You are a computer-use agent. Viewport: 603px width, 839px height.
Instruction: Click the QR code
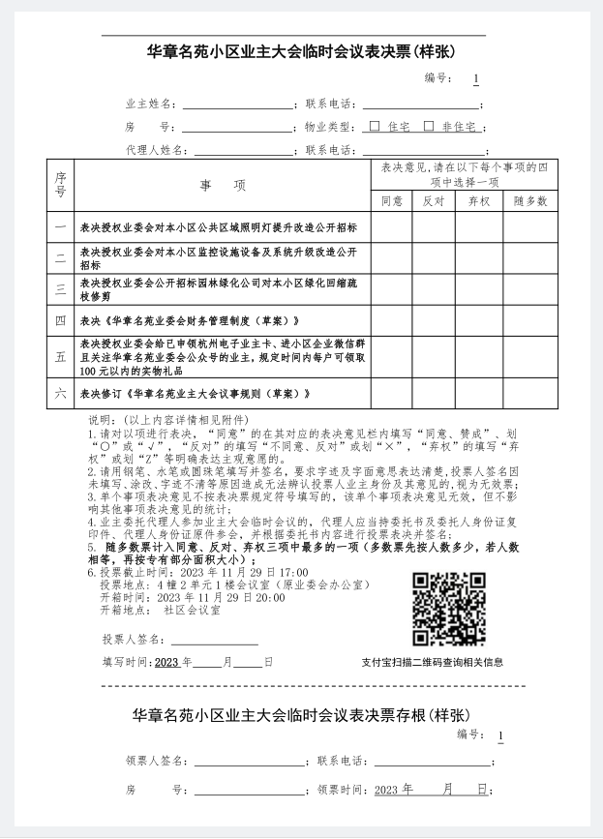pyautogui.click(x=448, y=609)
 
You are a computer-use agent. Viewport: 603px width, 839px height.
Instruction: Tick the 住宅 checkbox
pyautogui.click(x=375, y=127)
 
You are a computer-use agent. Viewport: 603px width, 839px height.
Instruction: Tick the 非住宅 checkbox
pyautogui.click(x=428, y=127)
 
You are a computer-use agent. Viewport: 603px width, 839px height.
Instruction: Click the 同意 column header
pyautogui.click(x=392, y=201)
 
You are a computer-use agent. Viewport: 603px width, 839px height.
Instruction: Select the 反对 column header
pyautogui.click(x=434, y=201)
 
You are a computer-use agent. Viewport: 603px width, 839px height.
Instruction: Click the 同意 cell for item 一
pyautogui.click(x=392, y=228)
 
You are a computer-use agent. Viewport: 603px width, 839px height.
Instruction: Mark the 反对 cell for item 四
pyautogui.click(x=434, y=320)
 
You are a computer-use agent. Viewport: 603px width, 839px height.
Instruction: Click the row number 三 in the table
pyautogui.click(x=60, y=289)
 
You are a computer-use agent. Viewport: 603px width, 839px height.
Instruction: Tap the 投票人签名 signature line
pyautogui.click(x=215, y=643)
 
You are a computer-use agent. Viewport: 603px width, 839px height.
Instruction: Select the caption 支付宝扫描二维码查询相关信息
pyautogui.click(x=432, y=663)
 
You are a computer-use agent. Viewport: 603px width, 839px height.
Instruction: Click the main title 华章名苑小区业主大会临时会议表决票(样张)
pyautogui.click(x=301, y=51)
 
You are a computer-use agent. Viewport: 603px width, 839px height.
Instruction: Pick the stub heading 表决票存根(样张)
pyautogui.click(x=301, y=714)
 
